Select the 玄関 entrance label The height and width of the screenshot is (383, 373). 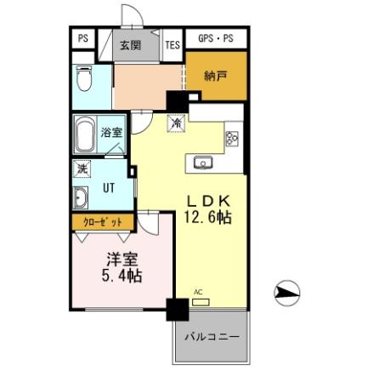click(x=130, y=46)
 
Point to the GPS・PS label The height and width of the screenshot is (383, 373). click(x=216, y=39)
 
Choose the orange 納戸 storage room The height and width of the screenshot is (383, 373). click(x=217, y=77)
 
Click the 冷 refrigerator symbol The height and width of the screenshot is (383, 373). click(x=177, y=123)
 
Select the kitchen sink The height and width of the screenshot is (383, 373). click(x=204, y=162)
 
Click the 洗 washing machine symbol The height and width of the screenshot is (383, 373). click(x=82, y=169)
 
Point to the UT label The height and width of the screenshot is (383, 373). click(x=110, y=188)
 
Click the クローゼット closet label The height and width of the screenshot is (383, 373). click(x=102, y=222)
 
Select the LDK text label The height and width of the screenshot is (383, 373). click(x=209, y=200)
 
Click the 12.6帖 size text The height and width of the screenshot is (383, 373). click(x=209, y=218)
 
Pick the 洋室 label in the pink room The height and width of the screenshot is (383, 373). click(x=122, y=258)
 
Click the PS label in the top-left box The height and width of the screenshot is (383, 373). click(x=83, y=39)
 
